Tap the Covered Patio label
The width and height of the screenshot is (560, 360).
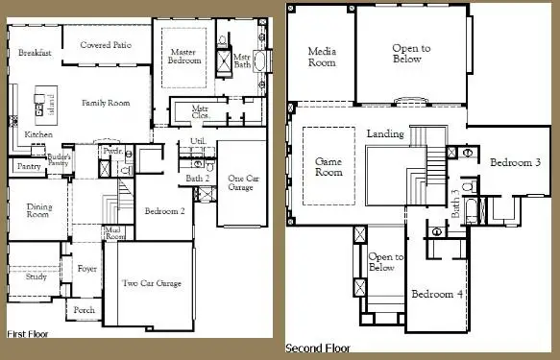coord(106,44)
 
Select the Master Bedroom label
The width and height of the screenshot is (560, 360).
coord(185,56)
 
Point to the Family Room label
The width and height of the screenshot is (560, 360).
coord(106,103)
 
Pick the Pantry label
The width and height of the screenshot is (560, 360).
coord(28,167)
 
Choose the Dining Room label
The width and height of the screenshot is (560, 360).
coord(37,210)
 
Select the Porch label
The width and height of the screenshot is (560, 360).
coord(85,311)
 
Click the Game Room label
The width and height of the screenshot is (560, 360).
coord(329,168)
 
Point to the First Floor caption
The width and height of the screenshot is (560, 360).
coord(28,333)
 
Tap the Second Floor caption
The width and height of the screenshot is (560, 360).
coord(318,348)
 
